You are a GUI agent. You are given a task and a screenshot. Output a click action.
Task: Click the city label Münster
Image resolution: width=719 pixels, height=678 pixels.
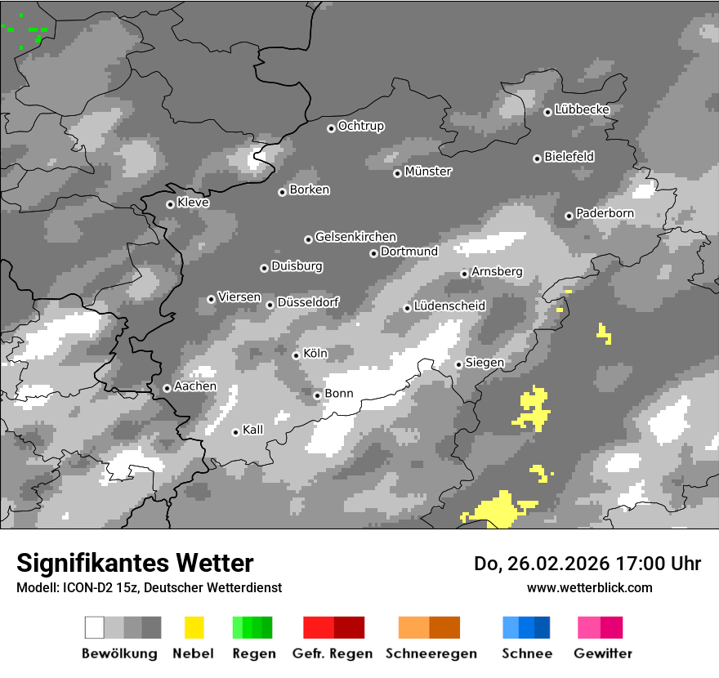[x=428, y=172]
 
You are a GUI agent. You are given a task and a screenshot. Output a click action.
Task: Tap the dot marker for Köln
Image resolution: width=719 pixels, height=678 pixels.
[x=296, y=355]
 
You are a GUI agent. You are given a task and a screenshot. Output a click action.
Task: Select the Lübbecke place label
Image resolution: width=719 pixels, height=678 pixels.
[x=582, y=109]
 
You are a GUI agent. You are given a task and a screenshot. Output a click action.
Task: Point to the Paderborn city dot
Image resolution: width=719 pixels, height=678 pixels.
[x=569, y=216]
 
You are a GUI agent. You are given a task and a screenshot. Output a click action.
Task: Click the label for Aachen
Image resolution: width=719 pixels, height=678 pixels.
[x=195, y=386]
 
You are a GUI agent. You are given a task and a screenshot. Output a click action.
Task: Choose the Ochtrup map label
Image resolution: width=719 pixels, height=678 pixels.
[x=361, y=127]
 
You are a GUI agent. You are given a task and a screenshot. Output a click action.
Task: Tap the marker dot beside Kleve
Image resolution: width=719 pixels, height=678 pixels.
[x=170, y=204]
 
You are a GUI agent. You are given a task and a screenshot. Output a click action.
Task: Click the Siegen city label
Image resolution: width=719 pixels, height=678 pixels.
[x=485, y=363]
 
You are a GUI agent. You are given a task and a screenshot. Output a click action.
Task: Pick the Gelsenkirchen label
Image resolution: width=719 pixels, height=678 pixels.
[x=355, y=237]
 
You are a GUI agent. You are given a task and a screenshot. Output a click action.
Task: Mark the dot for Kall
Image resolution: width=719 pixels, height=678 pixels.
[x=235, y=432]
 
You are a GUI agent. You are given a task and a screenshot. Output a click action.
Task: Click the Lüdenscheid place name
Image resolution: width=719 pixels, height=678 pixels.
[x=449, y=306]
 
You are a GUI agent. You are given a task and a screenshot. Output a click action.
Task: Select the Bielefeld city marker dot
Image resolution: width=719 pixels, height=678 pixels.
[x=537, y=158]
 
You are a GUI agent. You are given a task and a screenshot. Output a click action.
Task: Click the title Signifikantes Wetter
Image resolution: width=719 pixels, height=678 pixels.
[x=135, y=563]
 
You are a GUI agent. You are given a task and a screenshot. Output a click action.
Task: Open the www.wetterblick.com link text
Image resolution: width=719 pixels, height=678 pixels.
[x=589, y=587]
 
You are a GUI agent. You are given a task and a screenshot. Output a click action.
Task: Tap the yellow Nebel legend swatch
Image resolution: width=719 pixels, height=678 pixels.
[x=194, y=627]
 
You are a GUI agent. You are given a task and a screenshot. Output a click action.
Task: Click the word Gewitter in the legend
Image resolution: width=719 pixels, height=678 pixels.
[x=602, y=653]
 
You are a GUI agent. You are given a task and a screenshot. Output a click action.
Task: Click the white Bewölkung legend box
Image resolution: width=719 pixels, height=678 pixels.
[x=95, y=627]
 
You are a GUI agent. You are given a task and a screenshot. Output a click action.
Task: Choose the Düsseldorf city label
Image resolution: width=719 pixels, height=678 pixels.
[x=308, y=302]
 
